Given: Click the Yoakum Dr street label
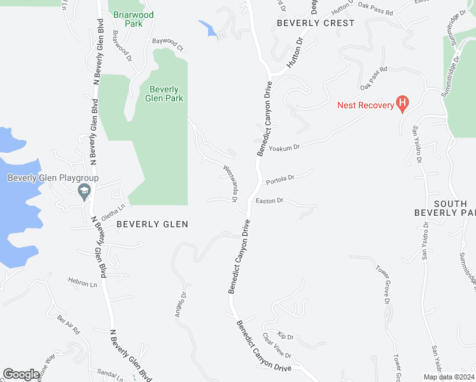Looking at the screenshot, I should pos(284,148).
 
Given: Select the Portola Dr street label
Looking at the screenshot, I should pos(281,180).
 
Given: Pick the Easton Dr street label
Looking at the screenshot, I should pos(269,201).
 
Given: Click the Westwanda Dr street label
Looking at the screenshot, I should pos(230,185).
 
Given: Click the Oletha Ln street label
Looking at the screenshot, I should pos(111,212).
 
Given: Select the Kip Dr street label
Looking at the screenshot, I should pos(286,336).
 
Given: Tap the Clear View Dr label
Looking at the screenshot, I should pos(277,346).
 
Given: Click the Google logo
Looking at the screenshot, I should pos(22,374).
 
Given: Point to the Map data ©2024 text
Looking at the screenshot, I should pos(449,376).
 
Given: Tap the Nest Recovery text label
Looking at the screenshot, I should pos(366,105).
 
